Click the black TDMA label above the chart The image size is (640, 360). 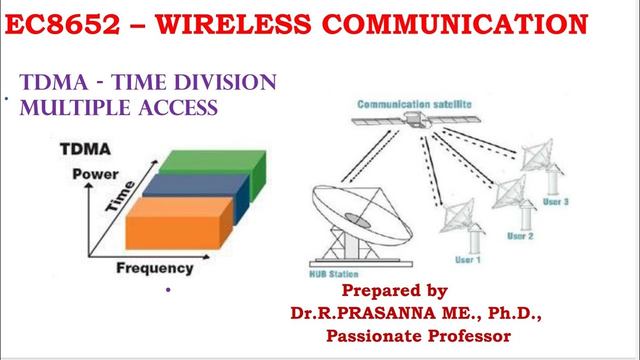click(x=85, y=149)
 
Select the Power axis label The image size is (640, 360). click(x=95, y=174)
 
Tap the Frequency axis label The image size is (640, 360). click(x=154, y=268)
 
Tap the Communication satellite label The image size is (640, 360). click(x=414, y=104)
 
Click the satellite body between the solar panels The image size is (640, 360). click(x=414, y=119)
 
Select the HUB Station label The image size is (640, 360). click(x=334, y=274)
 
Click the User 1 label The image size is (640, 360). click(x=467, y=260)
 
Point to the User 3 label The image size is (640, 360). click(x=555, y=202)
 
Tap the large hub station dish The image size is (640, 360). click(x=360, y=215)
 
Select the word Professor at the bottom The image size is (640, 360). click(x=471, y=336)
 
